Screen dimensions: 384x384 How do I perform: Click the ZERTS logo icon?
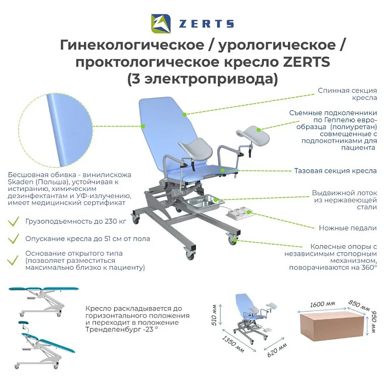tap(161, 24)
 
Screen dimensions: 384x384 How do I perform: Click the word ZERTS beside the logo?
tap(206, 24)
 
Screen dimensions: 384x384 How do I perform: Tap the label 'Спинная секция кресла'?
tap(347, 94)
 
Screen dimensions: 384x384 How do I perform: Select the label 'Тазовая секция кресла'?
tap(335, 171)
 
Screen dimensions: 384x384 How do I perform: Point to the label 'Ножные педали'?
tap(348, 228)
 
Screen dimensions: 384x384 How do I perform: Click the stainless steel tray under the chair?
tap(205, 201)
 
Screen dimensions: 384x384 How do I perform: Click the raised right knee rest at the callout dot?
tap(258, 130)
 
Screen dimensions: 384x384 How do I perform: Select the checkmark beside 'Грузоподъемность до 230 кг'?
tap(14, 222)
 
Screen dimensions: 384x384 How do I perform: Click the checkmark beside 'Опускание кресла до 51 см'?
tap(14, 239)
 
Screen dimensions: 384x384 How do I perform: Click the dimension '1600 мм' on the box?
tap(323, 304)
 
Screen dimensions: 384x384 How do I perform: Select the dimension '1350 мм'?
tap(233, 345)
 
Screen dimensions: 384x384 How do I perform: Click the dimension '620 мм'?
tap(277, 350)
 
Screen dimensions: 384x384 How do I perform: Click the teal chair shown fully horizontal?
tap(43, 302)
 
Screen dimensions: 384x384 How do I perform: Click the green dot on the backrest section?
tap(185, 114)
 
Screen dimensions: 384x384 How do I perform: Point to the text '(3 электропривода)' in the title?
tap(202, 79)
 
